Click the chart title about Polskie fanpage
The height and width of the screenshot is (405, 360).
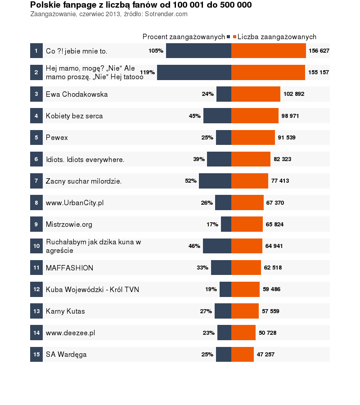141,5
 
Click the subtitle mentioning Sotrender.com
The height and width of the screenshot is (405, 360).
108,14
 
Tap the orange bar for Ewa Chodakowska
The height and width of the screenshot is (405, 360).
256,94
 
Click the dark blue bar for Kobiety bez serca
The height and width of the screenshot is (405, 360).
217,116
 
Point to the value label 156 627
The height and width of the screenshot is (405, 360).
319,51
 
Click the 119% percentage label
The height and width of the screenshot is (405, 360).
148,72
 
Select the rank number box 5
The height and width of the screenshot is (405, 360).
36,138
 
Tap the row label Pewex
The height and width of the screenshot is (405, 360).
57,138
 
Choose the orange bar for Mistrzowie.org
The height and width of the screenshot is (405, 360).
247,224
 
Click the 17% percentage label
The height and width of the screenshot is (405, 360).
212,225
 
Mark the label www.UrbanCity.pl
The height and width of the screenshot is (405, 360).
75,203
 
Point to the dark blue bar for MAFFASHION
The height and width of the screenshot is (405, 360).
221,268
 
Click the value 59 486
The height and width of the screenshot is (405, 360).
271,289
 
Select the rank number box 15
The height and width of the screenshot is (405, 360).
36,355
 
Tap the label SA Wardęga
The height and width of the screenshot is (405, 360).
66,355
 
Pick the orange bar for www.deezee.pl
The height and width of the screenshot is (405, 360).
243,333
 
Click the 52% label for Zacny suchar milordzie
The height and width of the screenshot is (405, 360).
191,181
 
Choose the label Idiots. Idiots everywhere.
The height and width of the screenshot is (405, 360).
85,159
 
